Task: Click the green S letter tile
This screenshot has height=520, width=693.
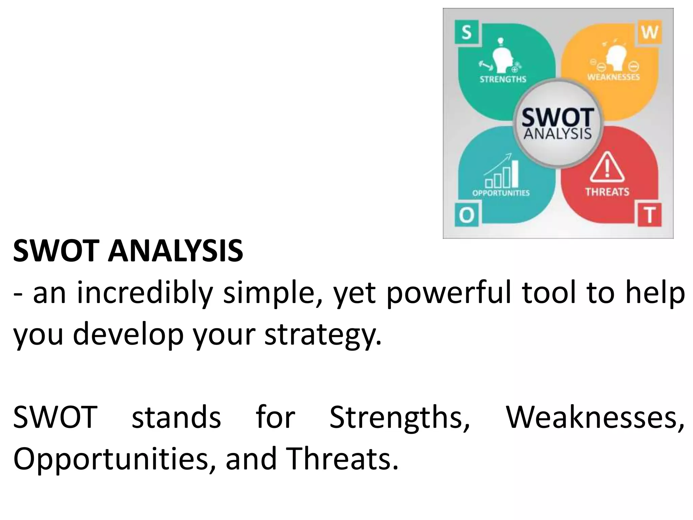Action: coord(467,33)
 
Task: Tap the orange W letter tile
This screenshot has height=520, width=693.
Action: coord(650,33)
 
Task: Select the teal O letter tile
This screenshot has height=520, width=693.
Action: coord(467,215)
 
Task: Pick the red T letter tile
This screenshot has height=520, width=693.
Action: coord(650,215)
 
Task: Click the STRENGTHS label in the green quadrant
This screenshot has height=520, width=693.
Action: coord(503,79)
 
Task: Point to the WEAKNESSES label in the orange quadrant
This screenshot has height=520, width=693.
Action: coord(613,77)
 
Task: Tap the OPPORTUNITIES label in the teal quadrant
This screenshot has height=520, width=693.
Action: coord(501,193)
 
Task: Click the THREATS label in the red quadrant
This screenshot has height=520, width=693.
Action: coord(607,192)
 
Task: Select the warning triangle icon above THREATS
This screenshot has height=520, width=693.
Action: coord(607,168)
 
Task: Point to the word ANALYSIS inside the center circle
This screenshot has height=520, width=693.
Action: coord(558,134)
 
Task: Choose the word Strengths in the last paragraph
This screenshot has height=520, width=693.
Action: coord(400,417)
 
